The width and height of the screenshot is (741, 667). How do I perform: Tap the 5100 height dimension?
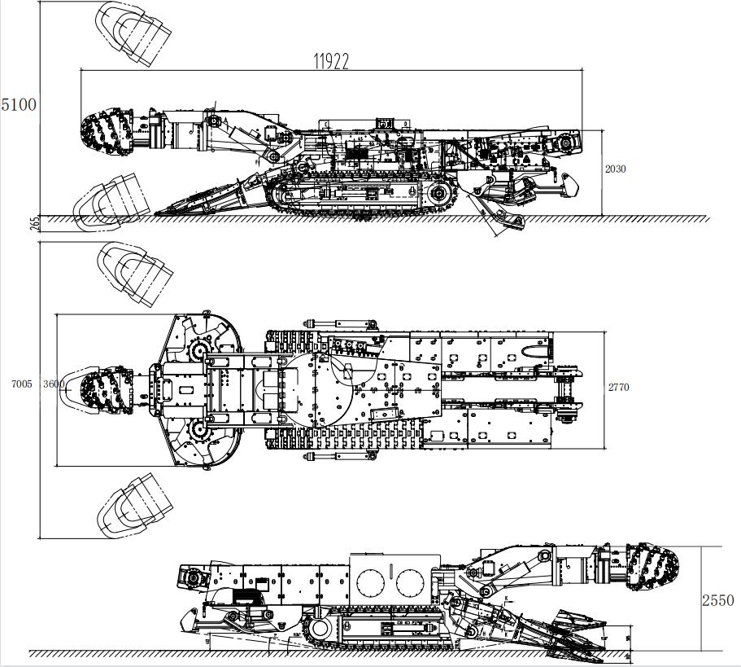[19, 105]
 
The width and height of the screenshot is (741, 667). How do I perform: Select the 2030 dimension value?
[616, 169]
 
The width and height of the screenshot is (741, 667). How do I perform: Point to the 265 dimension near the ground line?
[34, 223]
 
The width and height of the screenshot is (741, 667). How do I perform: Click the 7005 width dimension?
[22, 384]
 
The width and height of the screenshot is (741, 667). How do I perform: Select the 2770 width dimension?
[619, 388]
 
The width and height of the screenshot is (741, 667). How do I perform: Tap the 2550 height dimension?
[718, 600]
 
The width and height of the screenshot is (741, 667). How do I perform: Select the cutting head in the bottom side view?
[652, 568]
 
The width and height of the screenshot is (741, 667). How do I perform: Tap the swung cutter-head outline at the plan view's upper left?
[134, 274]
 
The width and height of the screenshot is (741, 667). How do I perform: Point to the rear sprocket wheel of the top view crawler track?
[440, 193]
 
